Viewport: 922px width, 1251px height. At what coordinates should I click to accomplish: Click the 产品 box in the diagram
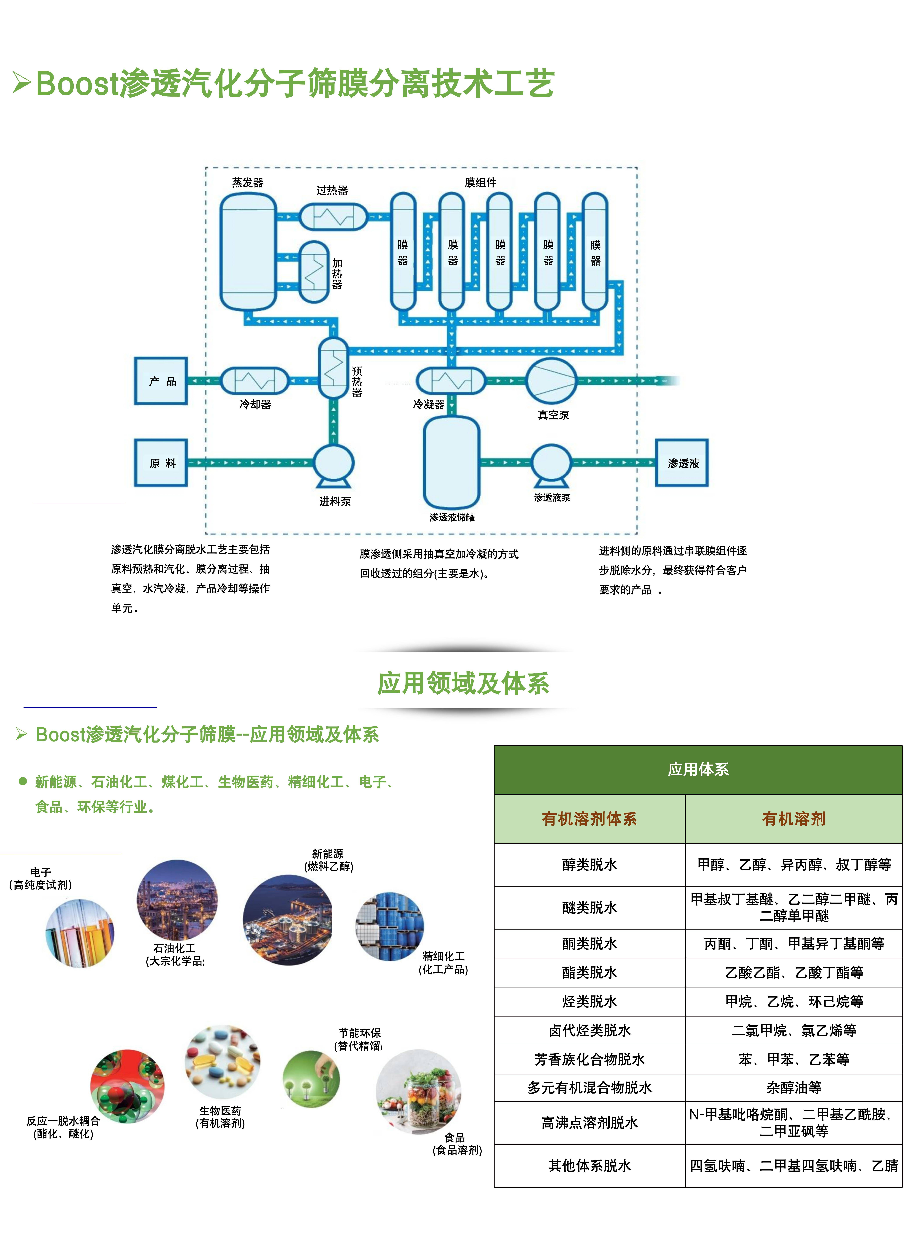[161, 381]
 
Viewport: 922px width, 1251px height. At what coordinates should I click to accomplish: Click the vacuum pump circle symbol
[551, 381]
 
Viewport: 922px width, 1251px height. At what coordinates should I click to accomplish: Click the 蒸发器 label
[248, 183]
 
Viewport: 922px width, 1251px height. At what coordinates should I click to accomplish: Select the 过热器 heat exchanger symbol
[333, 216]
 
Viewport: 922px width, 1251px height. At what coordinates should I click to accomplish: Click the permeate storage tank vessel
[452, 462]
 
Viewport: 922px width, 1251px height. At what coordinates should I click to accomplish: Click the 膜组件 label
[480, 183]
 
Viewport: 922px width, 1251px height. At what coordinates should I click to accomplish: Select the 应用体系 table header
[698, 769]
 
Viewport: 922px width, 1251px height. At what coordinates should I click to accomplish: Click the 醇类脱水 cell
[589, 864]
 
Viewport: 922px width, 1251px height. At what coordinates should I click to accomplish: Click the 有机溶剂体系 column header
[589, 819]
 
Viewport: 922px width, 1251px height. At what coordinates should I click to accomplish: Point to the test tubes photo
[80, 933]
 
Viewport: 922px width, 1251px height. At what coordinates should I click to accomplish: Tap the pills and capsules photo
[222, 1062]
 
